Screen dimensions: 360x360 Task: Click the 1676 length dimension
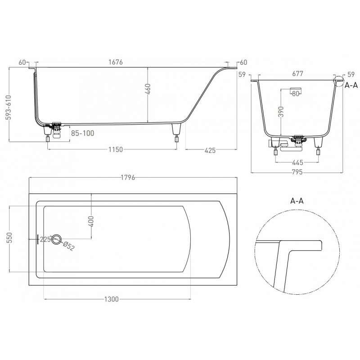tap(116, 62)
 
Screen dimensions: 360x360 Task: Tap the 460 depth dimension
tap(148, 89)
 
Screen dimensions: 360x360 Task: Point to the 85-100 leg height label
tap(82, 133)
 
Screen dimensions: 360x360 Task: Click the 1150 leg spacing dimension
tap(116, 150)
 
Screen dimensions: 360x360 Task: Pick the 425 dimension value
tap(210, 150)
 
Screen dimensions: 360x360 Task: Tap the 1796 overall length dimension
tap(128, 177)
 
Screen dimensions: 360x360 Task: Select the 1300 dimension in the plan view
tap(112, 299)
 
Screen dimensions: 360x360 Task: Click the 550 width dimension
tap(9, 238)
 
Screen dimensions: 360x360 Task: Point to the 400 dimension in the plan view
tap(91, 221)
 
